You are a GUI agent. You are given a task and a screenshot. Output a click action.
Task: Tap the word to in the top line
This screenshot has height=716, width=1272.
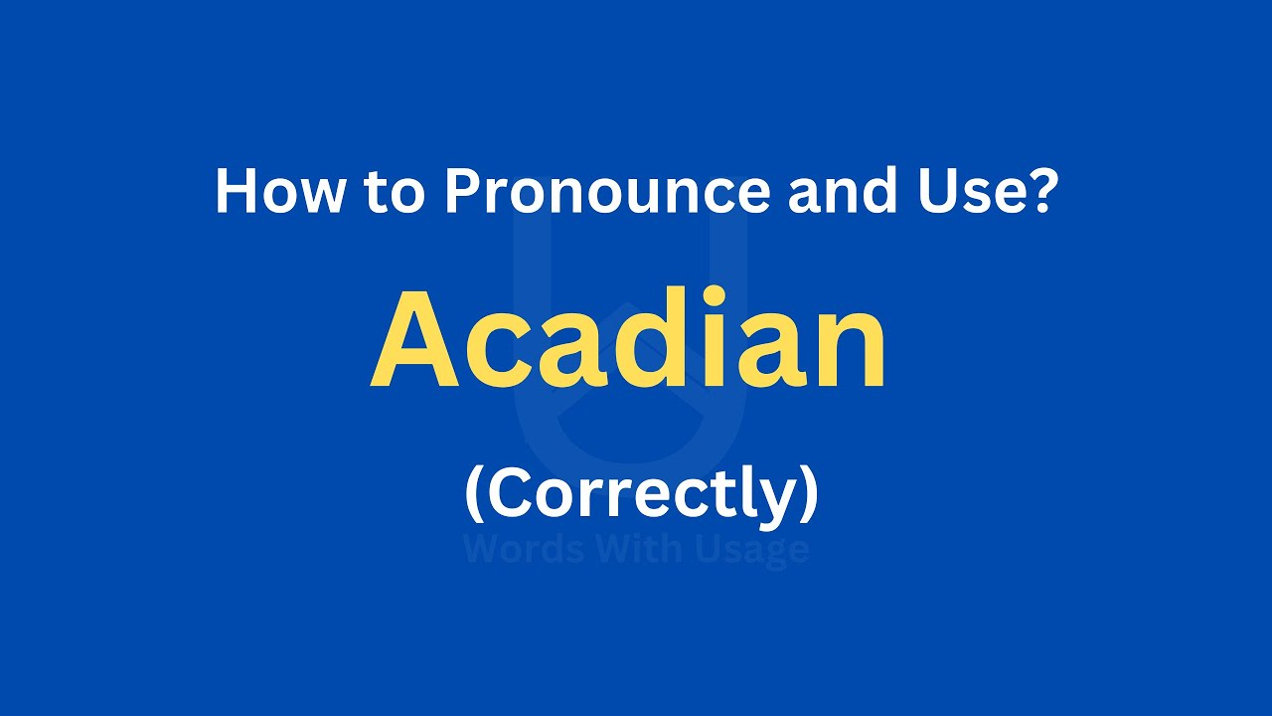tap(394, 192)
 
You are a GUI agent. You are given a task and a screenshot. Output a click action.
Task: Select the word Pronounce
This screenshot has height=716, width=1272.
tap(606, 191)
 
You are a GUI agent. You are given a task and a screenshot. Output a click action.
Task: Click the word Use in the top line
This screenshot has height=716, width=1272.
tap(970, 191)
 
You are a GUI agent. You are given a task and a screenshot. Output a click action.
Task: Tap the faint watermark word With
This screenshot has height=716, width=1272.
tap(636, 550)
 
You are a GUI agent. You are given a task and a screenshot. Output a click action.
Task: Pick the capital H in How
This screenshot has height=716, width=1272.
tap(235, 191)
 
